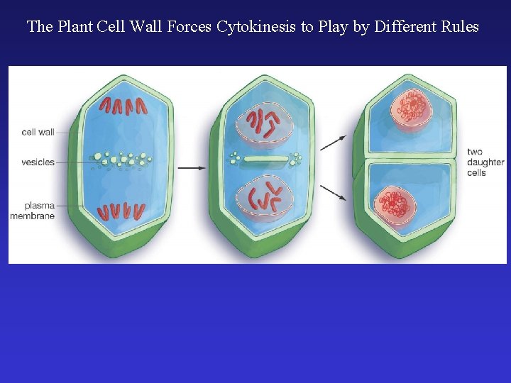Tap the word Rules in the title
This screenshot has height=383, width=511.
458,28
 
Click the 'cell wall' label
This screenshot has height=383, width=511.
38,132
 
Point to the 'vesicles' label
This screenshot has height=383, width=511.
38,162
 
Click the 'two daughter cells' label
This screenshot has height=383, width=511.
485,162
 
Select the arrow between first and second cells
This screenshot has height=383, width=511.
191,168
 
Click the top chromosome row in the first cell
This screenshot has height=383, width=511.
123,106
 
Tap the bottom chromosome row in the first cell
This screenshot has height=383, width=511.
122,211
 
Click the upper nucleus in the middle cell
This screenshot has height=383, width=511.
264,124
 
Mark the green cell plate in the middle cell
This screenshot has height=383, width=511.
266,160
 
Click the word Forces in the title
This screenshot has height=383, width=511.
189,28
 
